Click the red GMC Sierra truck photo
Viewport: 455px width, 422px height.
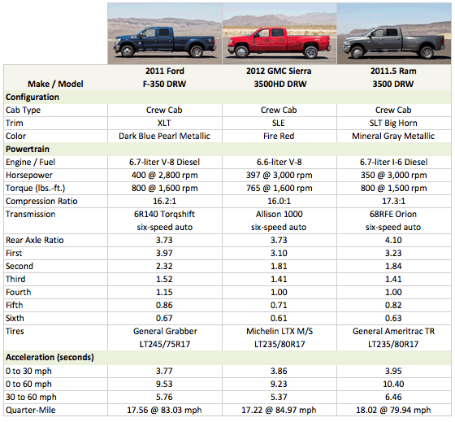[279, 33]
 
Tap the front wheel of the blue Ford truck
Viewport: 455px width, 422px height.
[127, 51]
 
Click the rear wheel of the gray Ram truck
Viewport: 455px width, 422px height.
[427, 53]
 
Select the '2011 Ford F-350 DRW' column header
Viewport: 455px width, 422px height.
[164, 77]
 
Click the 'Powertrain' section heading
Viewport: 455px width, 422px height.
[28, 149]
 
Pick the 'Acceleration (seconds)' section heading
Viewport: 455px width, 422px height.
[50, 357]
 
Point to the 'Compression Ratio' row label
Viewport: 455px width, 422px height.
[41, 201]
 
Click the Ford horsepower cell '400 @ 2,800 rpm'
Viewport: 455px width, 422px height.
[164, 175]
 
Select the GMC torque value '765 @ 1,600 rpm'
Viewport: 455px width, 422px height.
[279, 188]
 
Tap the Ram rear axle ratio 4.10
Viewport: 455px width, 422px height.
[393, 240]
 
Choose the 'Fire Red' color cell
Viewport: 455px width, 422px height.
[279, 136]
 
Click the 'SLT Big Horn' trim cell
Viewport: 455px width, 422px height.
[393, 123]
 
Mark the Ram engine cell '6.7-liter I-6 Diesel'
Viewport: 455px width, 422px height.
[393, 162]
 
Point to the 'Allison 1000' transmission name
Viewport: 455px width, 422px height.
[279, 214]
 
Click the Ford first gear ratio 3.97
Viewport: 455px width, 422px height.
[164, 253]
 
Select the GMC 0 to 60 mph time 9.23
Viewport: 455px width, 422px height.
[279, 384]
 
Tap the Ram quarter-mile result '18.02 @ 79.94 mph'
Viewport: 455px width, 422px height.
[393, 410]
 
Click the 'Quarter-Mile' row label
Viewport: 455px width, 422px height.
[31, 410]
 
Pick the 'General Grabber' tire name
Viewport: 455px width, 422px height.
[165, 331]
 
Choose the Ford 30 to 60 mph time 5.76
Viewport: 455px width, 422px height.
[164, 397]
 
